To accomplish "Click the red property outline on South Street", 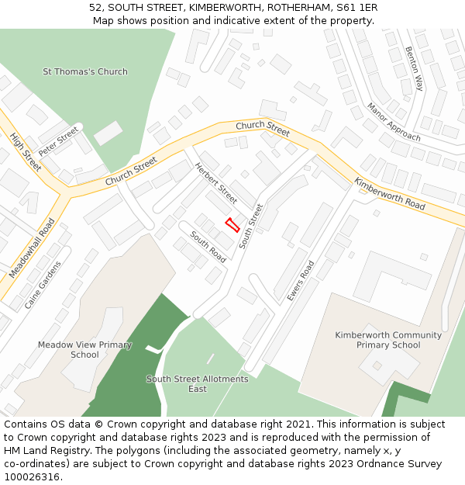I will (x=232, y=225).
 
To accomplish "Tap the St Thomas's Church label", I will (x=85, y=72).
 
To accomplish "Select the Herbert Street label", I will (x=216, y=182).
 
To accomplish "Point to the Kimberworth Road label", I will (x=390, y=194).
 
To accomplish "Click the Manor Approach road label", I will (x=394, y=122).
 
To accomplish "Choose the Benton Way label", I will (x=414, y=68).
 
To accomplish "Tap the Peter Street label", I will (x=59, y=141).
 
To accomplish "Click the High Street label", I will (x=26, y=151).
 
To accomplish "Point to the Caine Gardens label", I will (x=42, y=285).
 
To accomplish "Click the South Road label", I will (x=208, y=247).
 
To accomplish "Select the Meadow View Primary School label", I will (x=84, y=349).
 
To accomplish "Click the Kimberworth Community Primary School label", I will (x=388, y=340).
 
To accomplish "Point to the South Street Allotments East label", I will (x=198, y=383).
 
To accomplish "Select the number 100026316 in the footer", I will (x=31, y=476).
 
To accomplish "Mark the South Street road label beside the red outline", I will (x=251, y=226).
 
